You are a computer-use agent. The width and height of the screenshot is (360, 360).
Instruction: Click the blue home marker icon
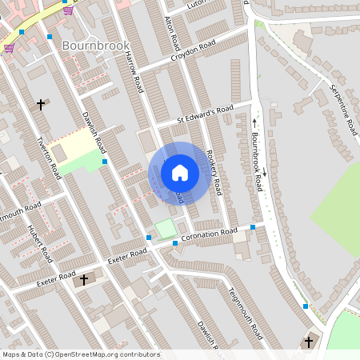180,172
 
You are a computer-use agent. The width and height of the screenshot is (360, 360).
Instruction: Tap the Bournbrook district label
95,46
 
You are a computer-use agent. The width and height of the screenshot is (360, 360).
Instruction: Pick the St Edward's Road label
205,114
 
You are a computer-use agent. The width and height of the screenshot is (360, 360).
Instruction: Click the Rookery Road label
214,167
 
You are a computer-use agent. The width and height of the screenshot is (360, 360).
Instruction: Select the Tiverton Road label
49,157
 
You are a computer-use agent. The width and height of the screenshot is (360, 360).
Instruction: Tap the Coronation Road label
210,234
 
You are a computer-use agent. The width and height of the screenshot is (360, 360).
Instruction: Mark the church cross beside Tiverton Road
41,104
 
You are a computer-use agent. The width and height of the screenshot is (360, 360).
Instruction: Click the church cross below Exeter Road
84,280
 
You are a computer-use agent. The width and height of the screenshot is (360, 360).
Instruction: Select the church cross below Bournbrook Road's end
308,342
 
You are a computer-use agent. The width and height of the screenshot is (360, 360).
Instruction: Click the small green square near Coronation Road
166,229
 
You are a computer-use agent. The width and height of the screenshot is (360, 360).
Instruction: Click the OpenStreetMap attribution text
81,354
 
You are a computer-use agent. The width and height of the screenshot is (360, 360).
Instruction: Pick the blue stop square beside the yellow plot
105,162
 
